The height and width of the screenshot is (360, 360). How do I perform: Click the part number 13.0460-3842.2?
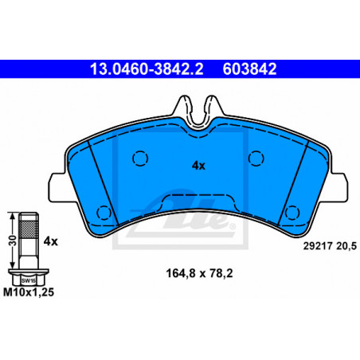click(147, 69)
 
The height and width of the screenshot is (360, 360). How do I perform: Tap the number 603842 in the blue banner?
click(249, 69)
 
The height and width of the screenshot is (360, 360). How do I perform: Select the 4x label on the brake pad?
click(198, 166)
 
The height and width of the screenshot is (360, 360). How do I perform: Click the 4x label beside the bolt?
click(50, 241)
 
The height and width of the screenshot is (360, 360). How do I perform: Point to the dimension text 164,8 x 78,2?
click(199, 273)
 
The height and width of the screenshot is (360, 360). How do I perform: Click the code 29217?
click(318, 246)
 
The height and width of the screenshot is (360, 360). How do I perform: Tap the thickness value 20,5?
click(346, 246)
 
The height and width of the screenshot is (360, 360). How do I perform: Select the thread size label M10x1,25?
click(29, 292)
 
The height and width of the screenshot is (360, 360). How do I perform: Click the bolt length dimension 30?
click(13, 241)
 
